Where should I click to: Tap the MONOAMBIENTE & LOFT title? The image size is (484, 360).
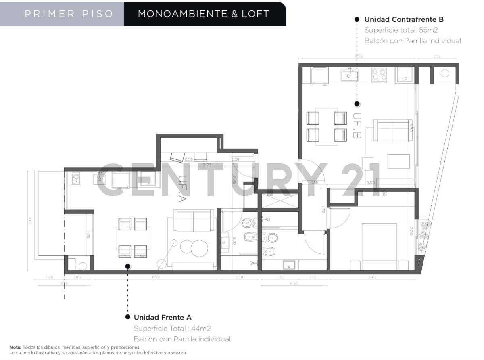click(203, 14)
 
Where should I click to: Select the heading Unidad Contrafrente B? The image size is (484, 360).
click(404, 19)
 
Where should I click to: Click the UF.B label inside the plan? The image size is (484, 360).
click(357, 126)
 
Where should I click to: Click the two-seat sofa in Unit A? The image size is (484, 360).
click(194, 220)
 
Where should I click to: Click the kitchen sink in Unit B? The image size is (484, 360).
click(349, 75)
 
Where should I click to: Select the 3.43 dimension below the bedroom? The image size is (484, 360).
click(372, 277)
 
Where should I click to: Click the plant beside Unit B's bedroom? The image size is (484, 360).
click(424, 234)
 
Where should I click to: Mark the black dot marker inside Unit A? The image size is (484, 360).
click(127, 266)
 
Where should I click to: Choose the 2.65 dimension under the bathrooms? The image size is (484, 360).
click(293, 284)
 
